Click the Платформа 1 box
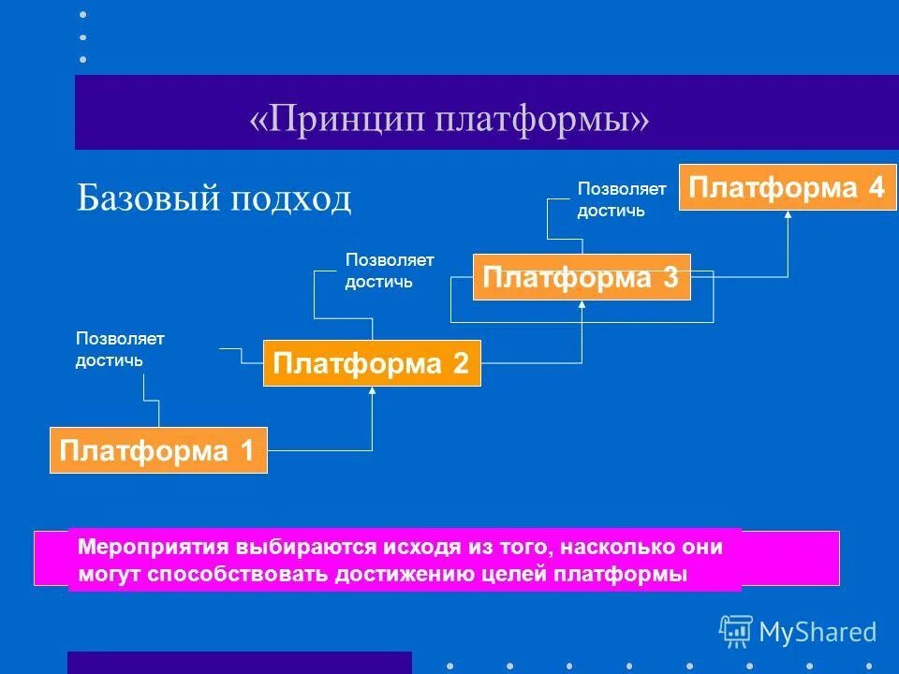[x=157, y=450]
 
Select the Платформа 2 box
[x=372, y=363]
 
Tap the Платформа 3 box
[x=581, y=277]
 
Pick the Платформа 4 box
[x=787, y=187]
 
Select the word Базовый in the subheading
[x=146, y=198]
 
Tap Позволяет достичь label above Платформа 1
[x=120, y=348]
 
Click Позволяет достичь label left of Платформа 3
[x=390, y=270]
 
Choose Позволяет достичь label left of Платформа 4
[x=621, y=199]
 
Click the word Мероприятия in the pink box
[x=148, y=546]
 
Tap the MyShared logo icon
[x=736, y=631]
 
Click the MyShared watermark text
[x=818, y=632]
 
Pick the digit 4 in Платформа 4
[x=876, y=187]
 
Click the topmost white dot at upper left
[x=82, y=15]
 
